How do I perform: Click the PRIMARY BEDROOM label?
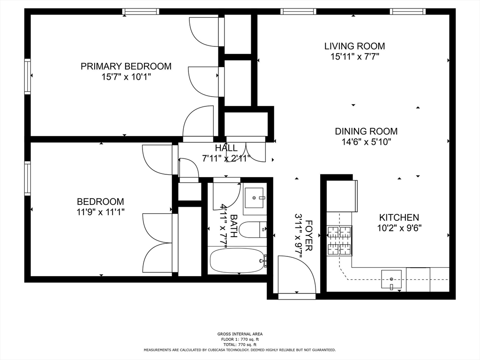click(126, 66)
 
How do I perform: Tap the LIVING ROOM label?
click(354, 46)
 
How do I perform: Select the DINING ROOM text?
click(366, 131)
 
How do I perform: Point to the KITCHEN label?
click(399, 217)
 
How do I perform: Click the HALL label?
click(226, 148)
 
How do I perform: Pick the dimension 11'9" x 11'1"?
click(101, 212)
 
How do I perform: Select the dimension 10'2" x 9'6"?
click(399, 228)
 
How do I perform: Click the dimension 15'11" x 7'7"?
click(354, 57)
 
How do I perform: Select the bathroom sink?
click(254, 198)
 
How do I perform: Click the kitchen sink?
click(391, 279)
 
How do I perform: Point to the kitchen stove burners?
click(339, 240)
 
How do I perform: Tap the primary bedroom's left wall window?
click(28, 75)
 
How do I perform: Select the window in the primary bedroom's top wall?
click(141, 12)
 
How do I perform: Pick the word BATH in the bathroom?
click(233, 226)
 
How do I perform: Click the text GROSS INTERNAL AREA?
click(240, 334)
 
